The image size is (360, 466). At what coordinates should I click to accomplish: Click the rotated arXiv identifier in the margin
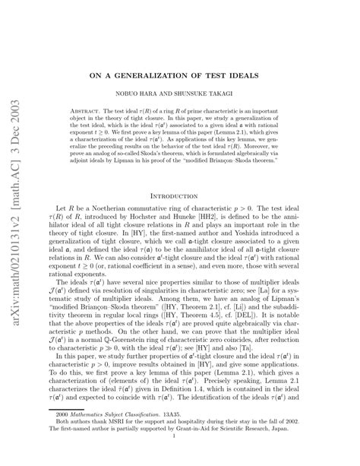16,233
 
